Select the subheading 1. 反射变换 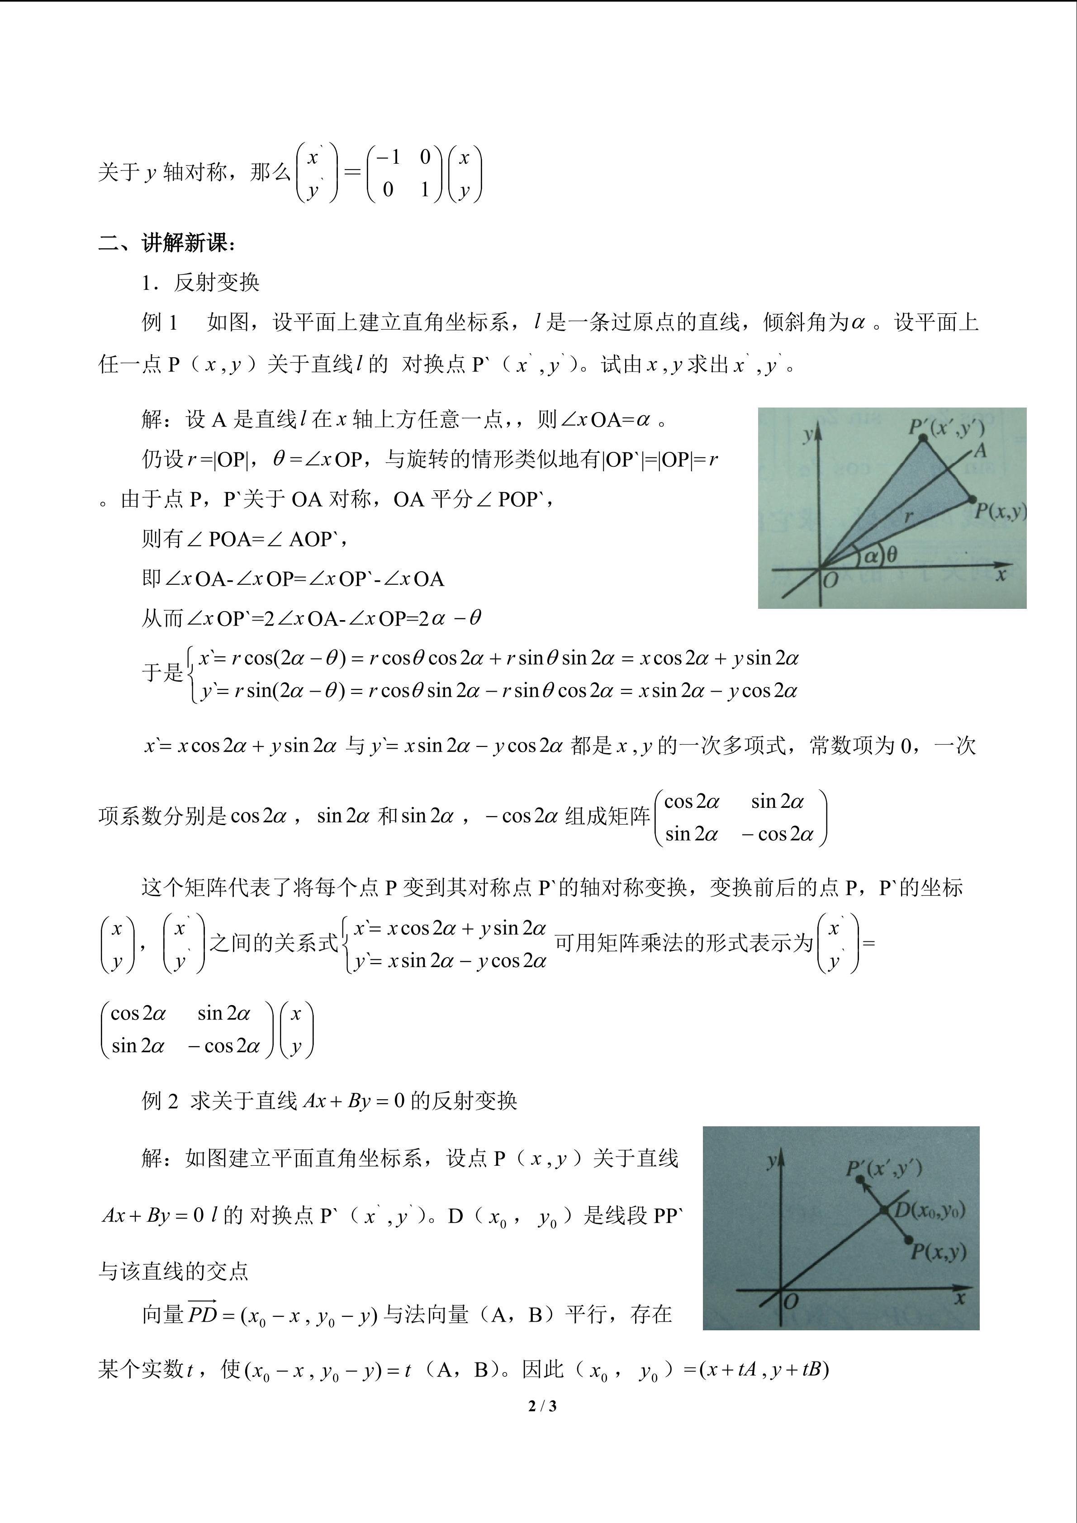(x=200, y=283)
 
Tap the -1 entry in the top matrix (x=388, y=157)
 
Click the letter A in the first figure (x=980, y=451)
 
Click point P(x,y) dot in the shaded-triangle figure (x=972, y=499)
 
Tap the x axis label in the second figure (x=959, y=1298)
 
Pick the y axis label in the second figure (x=771, y=1160)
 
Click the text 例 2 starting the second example (x=160, y=1101)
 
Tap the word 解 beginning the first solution (x=151, y=419)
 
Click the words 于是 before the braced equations (x=162, y=673)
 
